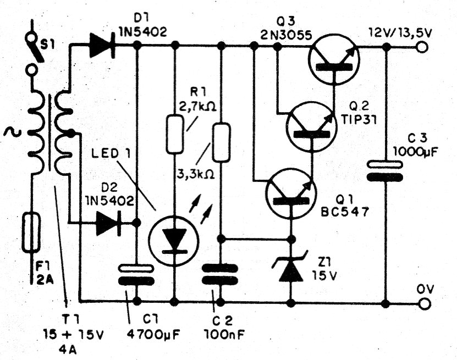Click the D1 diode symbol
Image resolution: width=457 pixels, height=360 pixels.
click(x=102, y=45)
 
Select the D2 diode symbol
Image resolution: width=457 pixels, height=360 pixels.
click(x=108, y=223)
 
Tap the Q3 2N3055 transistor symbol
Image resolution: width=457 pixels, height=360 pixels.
click(x=334, y=60)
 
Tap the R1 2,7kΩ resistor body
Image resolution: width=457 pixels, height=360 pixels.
click(x=175, y=134)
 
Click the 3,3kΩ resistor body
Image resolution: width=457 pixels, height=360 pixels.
click(x=221, y=142)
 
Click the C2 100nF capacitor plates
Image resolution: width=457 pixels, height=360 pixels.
click(x=221, y=274)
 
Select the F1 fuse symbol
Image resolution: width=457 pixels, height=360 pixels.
click(x=31, y=232)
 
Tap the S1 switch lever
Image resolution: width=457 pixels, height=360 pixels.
click(x=37, y=52)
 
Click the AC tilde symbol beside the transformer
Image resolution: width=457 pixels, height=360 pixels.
click(x=12, y=132)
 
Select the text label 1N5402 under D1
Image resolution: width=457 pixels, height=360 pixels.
click(x=143, y=31)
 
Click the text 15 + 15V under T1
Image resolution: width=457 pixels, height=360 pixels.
click(x=74, y=335)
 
